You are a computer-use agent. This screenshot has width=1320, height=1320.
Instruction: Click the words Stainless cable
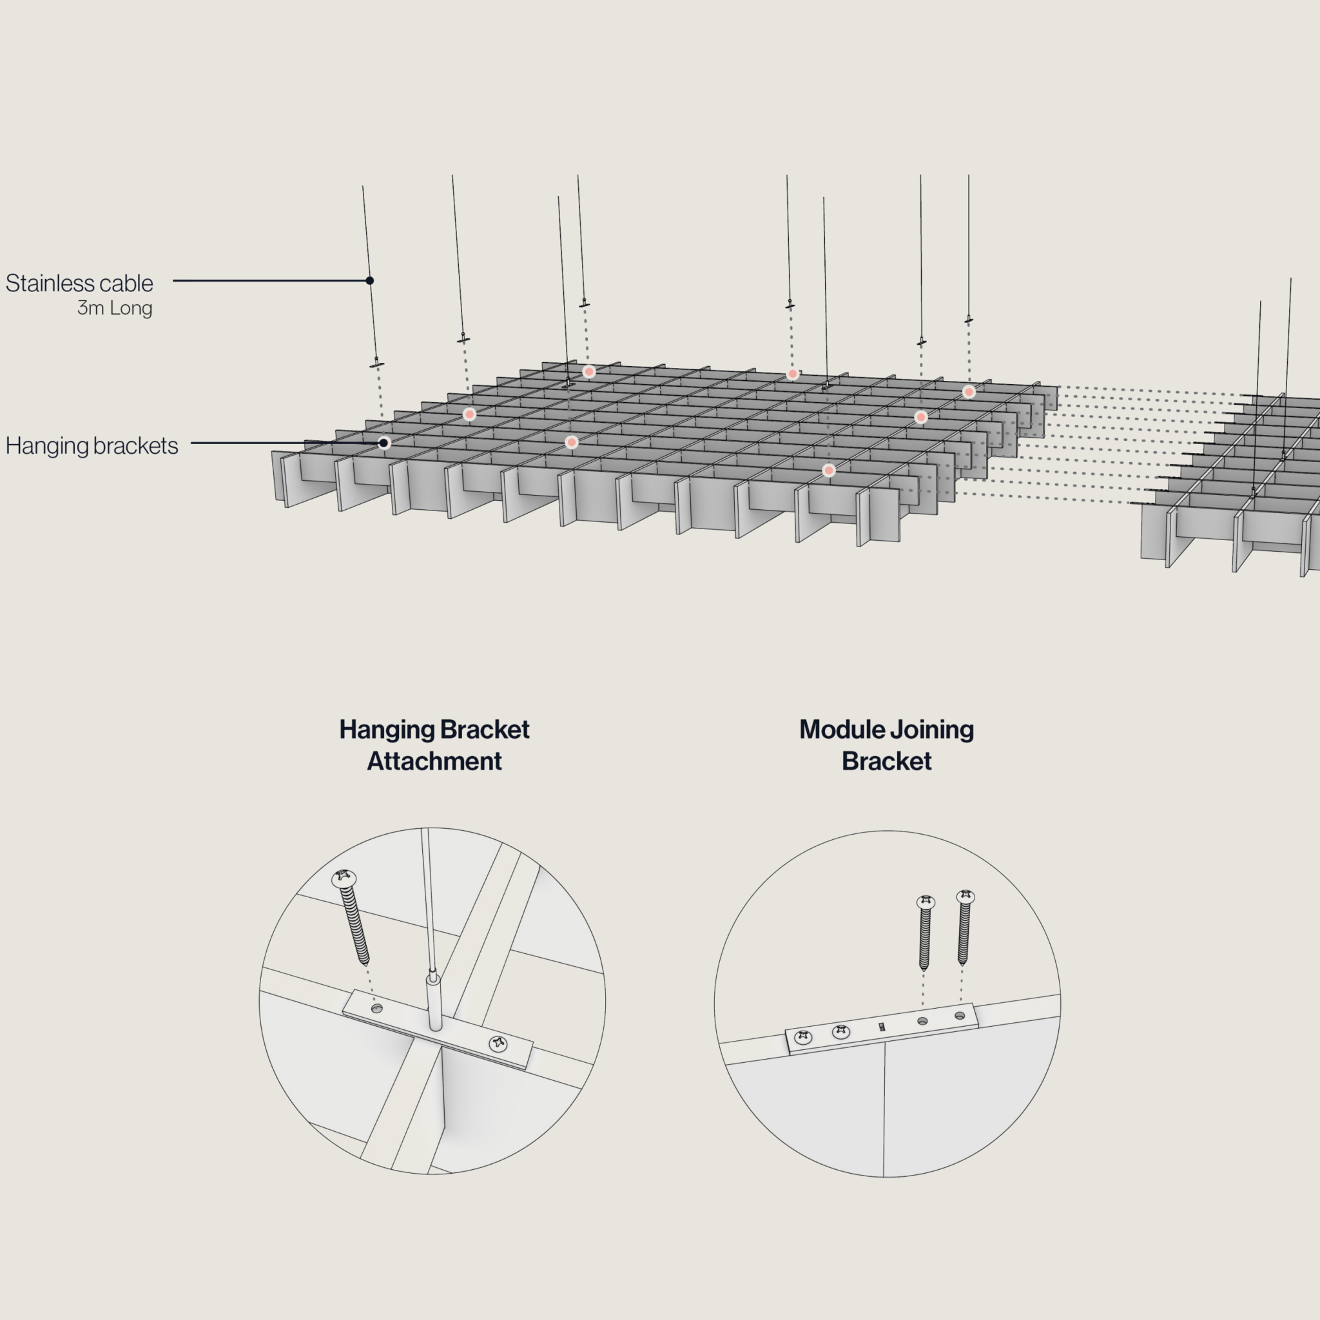pyautogui.click(x=79, y=283)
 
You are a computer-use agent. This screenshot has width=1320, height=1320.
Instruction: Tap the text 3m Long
pyautogui.click(x=114, y=308)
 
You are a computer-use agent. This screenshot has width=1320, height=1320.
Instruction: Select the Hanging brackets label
pyautogui.click(x=92, y=445)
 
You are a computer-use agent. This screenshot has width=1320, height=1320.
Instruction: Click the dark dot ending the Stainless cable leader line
pyautogui.click(x=369, y=280)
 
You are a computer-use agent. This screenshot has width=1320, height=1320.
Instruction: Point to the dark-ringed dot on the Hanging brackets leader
pyautogui.click(x=384, y=443)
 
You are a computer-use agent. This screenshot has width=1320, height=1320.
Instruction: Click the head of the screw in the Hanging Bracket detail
pyautogui.click(x=344, y=877)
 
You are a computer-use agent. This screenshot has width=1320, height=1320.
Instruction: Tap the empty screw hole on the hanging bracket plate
pyautogui.click(x=376, y=1009)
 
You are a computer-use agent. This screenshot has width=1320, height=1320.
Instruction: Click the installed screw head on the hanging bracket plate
pyautogui.click(x=499, y=1043)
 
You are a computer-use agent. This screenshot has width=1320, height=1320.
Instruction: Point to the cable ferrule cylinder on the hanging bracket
pyautogui.click(x=433, y=1001)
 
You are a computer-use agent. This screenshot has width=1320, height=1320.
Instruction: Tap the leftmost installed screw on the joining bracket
pyautogui.click(x=804, y=1038)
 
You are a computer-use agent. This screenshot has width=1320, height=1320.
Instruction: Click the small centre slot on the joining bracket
pyautogui.click(x=881, y=1026)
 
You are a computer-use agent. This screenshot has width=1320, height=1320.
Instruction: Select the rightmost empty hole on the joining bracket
pyautogui.click(x=959, y=1016)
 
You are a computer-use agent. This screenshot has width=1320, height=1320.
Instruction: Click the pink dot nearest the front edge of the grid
pyautogui.click(x=829, y=470)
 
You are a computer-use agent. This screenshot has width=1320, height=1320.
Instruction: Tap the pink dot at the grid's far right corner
pyautogui.click(x=969, y=391)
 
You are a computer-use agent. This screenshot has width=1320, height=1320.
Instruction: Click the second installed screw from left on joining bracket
pyautogui.click(x=841, y=1032)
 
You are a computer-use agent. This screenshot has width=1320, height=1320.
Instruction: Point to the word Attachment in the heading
pyautogui.click(x=434, y=761)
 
